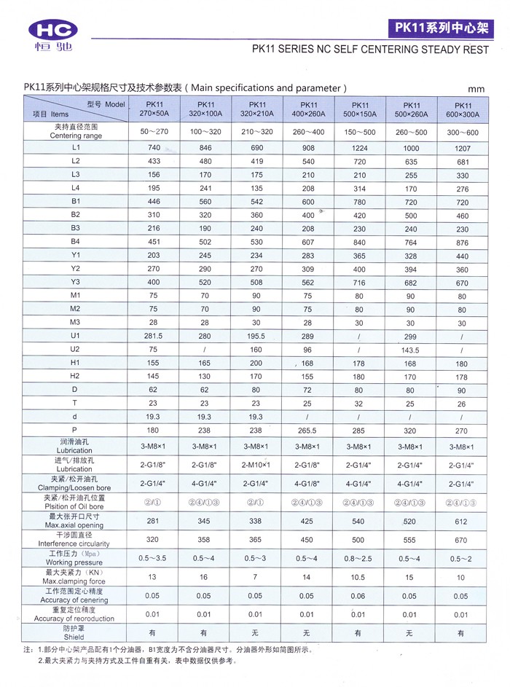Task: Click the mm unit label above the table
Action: pyautogui.click(x=476, y=89)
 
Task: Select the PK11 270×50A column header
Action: pyautogui.click(x=154, y=109)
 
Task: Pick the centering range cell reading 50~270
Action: pyautogui.click(x=154, y=132)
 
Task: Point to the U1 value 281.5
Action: pyautogui.click(x=154, y=337)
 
